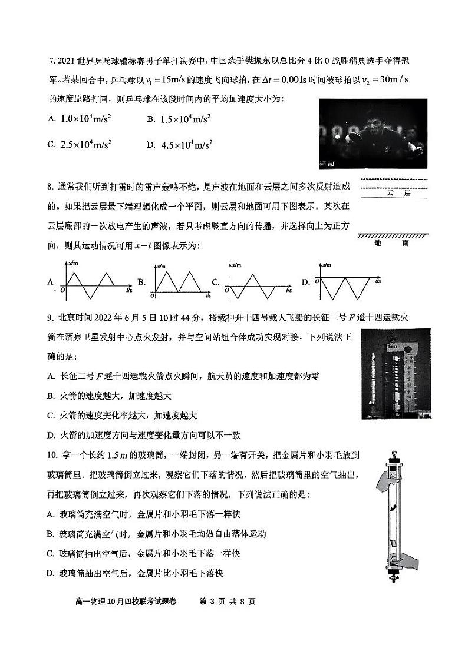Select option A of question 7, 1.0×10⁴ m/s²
[86, 119]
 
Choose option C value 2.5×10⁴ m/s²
[86, 144]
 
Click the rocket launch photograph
[398, 374]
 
